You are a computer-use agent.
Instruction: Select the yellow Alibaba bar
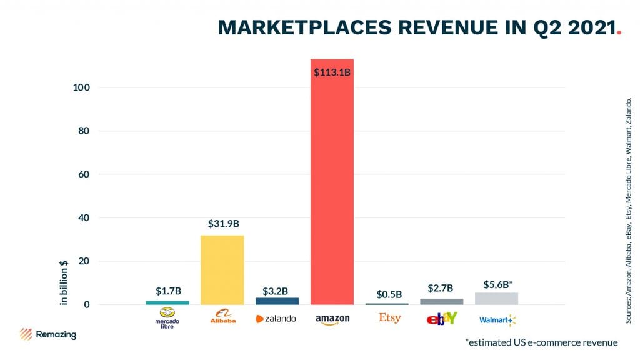[x=222, y=269]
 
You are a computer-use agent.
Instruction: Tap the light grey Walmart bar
[x=496, y=299]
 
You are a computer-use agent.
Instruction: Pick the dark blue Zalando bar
[x=277, y=301]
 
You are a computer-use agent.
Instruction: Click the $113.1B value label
[x=332, y=72]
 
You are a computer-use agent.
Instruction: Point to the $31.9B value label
[x=222, y=223]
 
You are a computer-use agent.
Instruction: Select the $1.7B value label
[x=167, y=291]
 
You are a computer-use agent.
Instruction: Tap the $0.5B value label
[x=388, y=294]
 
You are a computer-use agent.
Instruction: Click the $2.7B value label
[x=441, y=288]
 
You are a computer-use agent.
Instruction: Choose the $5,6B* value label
[x=497, y=284]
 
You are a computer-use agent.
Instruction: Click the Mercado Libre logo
[x=167, y=318]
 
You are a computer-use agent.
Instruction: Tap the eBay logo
[x=442, y=319]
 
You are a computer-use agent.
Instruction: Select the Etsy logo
[x=389, y=318]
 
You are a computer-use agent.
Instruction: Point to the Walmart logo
[x=497, y=320]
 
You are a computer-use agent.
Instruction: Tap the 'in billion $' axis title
[x=64, y=282]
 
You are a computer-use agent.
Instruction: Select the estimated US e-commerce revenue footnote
[x=541, y=342]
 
